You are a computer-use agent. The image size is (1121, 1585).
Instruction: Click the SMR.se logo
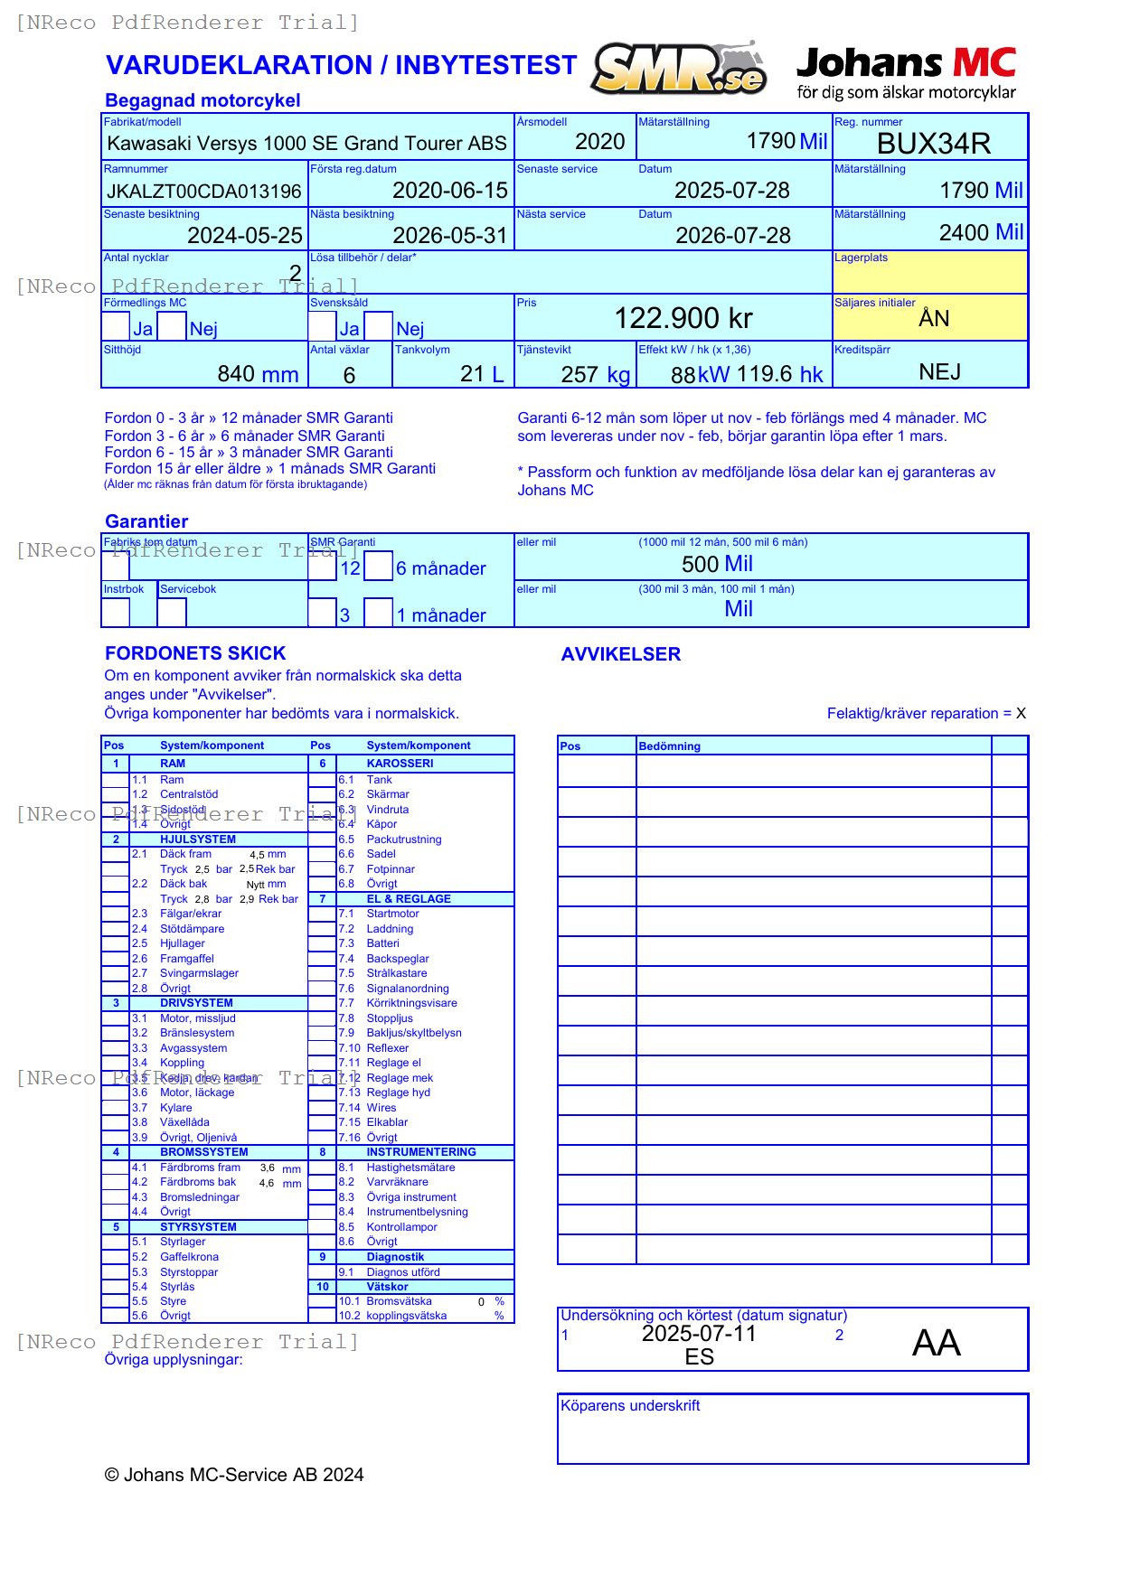[679, 69]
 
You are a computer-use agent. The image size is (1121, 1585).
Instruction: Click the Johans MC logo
[906, 72]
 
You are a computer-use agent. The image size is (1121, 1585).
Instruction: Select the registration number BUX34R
[933, 144]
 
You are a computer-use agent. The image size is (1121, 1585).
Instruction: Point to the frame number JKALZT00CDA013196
[204, 192]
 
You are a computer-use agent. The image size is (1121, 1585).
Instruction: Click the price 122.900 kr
[683, 318]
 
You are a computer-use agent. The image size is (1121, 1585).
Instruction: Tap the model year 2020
[599, 142]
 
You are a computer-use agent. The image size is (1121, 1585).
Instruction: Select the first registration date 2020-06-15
[450, 191]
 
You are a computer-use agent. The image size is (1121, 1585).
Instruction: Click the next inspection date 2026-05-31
[450, 236]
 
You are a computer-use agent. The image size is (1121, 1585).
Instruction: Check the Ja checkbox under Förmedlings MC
[116, 326]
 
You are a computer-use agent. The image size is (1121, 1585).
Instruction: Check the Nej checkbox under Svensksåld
[378, 326]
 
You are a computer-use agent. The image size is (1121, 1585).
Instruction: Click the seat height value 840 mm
[258, 374]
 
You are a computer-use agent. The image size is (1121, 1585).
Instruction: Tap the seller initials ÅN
[934, 318]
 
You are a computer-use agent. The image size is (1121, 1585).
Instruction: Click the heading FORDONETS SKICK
[195, 653]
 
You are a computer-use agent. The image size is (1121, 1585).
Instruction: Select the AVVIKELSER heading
[620, 654]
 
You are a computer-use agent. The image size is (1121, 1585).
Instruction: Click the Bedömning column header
[670, 746]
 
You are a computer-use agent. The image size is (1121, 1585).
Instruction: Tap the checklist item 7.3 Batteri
[382, 943]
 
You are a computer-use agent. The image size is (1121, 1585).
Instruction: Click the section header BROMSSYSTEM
[203, 1152]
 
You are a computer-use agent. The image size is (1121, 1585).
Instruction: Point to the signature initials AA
[936, 1343]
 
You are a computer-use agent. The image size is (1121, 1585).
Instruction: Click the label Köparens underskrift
[630, 1406]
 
